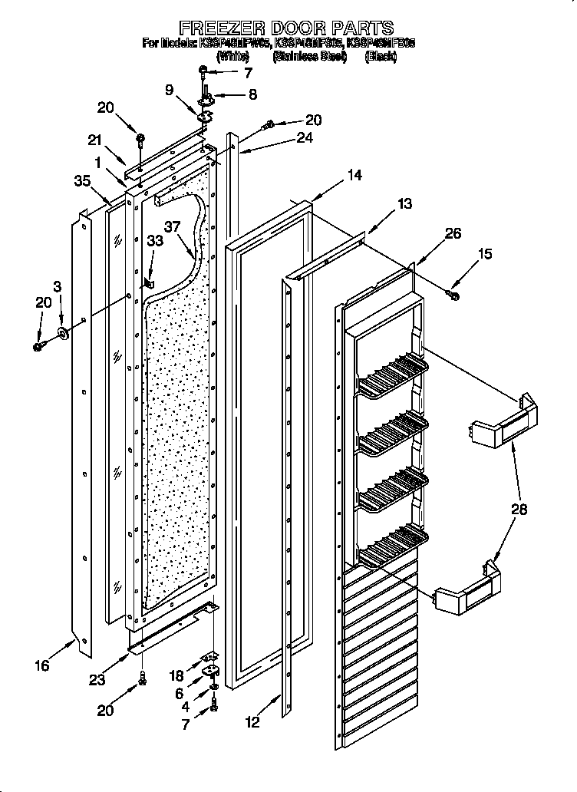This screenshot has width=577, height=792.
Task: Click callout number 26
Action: pyautogui.click(x=453, y=233)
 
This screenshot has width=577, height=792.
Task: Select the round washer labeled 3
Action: pyautogui.click(x=62, y=334)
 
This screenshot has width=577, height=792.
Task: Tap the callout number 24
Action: pyautogui.click(x=305, y=138)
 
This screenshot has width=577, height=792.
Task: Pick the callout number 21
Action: pyautogui.click(x=95, y=140)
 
